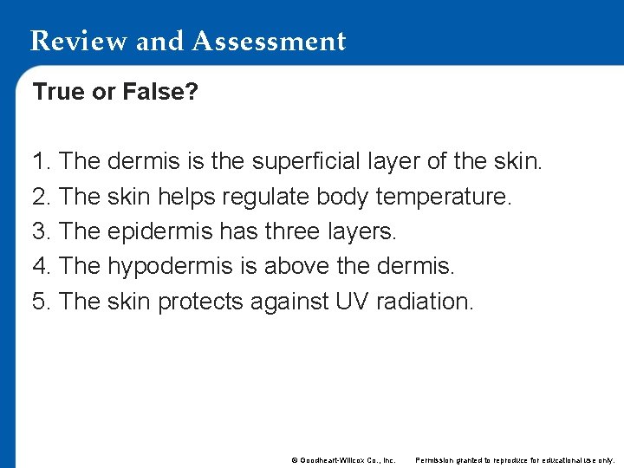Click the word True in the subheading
tap(60, 91)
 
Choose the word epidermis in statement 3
tap(159, 232)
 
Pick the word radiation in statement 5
tap(426, 302)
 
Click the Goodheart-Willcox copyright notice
tap(343, 460)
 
